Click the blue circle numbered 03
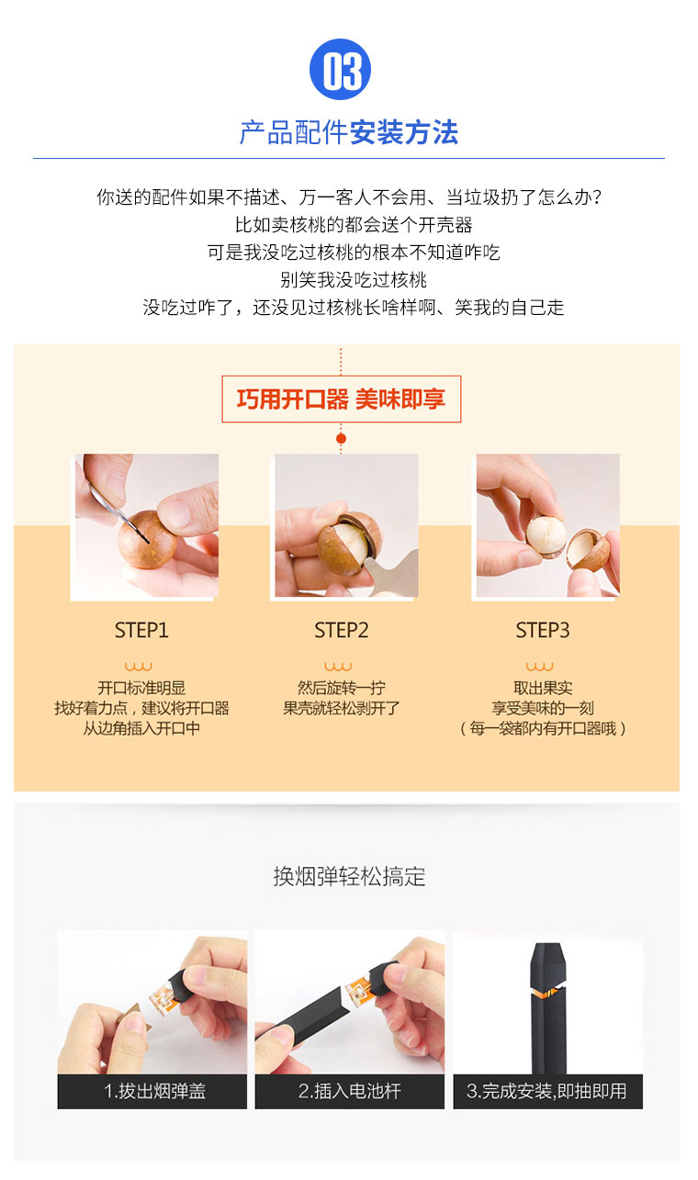point(341,70)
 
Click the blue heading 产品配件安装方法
point(349,131)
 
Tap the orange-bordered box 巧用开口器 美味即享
point(342,399)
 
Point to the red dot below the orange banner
point(342,439)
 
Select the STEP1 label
point(141,631)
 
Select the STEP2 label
point(342,631)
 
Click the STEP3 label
point(543,631)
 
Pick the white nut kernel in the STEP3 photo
point(546,534)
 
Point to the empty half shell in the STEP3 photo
point(587,549)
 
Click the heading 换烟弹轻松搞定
point(349,877)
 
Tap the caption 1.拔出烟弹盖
point(154,1091)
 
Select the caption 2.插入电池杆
point(350,1091)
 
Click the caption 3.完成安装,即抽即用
point(546,1091)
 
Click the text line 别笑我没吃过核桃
point(353,280)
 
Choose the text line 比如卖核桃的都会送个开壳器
point(354,225)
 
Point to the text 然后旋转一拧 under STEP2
point(342,688)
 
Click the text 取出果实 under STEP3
point(543,688)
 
